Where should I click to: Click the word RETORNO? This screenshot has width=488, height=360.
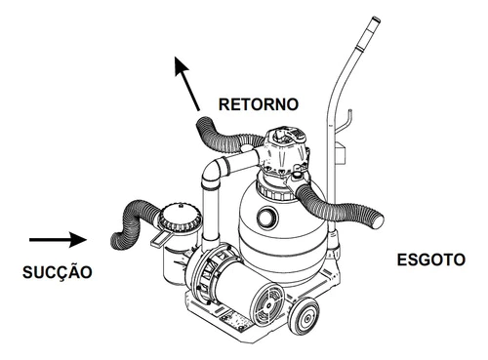coord(259,104)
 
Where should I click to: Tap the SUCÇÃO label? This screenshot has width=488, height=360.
coord(58,272)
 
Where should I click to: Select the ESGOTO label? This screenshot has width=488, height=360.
coord(431,260)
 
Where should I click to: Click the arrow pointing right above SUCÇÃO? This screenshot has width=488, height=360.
coord(58,240)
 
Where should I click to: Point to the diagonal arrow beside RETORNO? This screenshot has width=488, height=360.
coord(186,84)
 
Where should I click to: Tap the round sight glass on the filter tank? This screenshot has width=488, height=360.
coord(266,216)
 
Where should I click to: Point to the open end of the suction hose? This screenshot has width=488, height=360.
coord(116,241)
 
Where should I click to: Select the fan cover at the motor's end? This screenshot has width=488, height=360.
coord(268,304)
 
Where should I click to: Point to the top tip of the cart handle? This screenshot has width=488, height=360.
coord(376,20)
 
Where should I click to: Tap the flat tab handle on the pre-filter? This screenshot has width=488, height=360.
coord(159,239)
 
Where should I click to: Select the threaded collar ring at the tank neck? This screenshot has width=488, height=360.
coord(275,190)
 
